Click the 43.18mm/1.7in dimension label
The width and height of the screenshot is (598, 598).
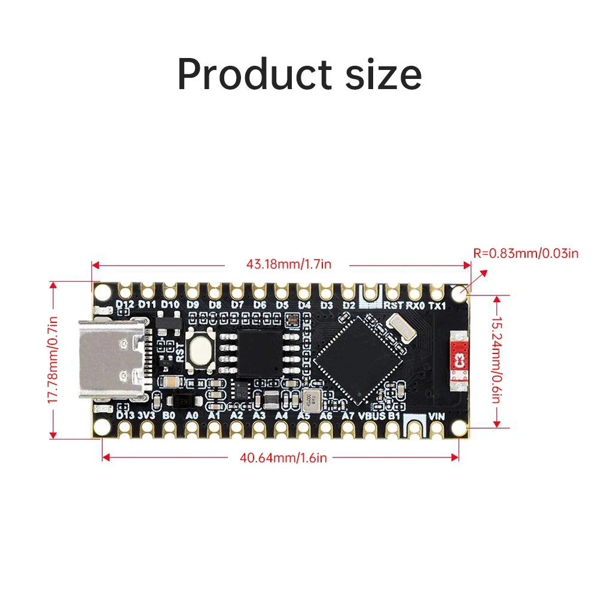pos(288,264)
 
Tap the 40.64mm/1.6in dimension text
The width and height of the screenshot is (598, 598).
pos(283,458)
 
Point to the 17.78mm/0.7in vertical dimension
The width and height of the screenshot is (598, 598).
pos(53,359)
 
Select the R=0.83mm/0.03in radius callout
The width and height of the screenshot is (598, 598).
pos(526,253)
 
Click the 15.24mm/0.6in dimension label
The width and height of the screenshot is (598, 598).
pos(496,359)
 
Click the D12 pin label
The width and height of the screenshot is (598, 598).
pos(125,304)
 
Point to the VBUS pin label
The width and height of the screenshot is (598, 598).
pos(373,415)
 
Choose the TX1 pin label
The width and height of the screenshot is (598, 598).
pos(438,305)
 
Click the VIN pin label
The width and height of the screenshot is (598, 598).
pos(436,417)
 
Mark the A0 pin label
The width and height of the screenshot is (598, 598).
pos(192,415)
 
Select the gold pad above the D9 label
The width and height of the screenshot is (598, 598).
pos(192,291)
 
